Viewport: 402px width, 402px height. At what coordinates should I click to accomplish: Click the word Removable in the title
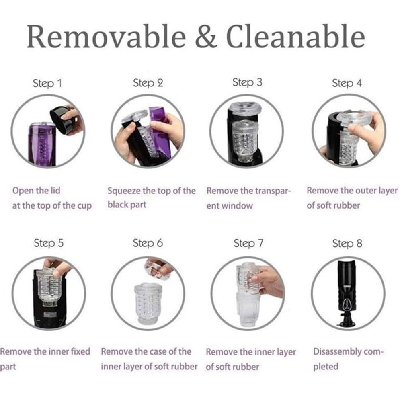tap(107, 36)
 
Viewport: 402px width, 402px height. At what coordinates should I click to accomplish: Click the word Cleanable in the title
tap(295, 36)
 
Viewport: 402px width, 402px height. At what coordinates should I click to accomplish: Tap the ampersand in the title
tap(206, 36)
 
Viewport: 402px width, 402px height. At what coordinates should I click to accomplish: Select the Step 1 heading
tap(47, 83)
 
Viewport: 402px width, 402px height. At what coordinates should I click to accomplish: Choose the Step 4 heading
tap(347, 83)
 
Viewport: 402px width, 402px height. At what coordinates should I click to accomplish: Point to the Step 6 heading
tap(148, 243)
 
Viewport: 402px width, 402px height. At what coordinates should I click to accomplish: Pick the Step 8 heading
tap(347, 243)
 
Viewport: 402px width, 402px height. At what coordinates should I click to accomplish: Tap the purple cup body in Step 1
tap(42, 145)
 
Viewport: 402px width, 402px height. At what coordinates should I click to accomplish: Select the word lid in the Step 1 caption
tap(55, 191)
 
